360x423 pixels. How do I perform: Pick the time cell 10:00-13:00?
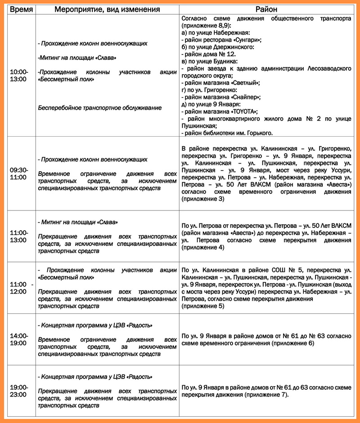(18, 75)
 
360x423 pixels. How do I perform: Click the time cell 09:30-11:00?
(18, 174)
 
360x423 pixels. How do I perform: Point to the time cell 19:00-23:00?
(18, 391)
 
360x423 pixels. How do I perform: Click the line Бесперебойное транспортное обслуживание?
(99, 107)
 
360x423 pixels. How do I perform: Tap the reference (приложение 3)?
(202, 199)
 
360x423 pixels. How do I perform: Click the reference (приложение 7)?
(265, 395)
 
